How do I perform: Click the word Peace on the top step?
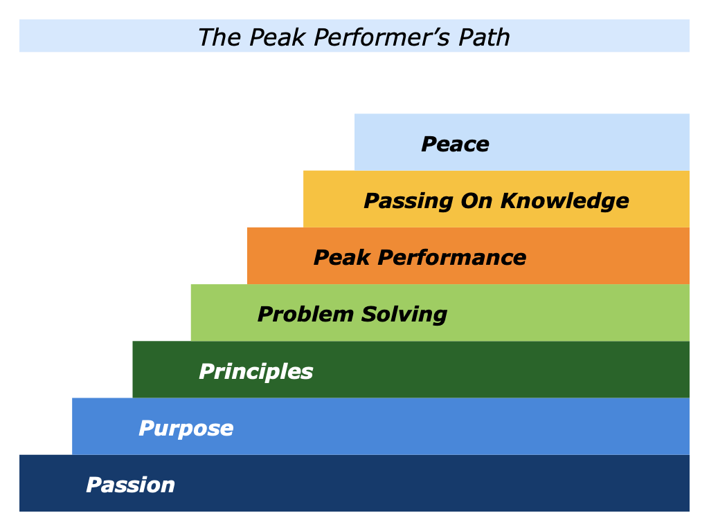(x=455, y=145)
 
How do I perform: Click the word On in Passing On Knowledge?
(x=474, y=201)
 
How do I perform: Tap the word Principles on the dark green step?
(x=256, y=372)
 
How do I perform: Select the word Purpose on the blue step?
(x=186, y=429)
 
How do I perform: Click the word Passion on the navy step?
(x=130, y=485)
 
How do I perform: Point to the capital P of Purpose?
(x=146, y=429)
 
